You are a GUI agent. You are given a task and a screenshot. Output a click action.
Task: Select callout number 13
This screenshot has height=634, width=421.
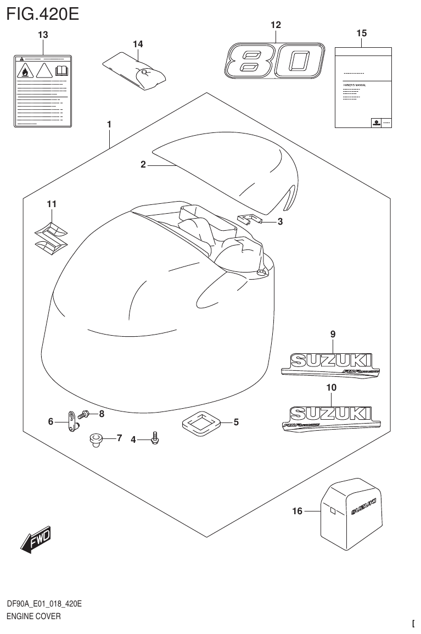click(x=43, y=35)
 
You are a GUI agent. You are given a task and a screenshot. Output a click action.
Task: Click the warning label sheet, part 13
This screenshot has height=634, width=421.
click(x=43, y=91)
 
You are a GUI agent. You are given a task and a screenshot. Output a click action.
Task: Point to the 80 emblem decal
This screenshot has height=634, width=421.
click(x=272, y=61)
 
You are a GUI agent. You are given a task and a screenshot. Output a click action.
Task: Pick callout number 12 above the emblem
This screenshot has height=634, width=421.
click(x=276, y=25)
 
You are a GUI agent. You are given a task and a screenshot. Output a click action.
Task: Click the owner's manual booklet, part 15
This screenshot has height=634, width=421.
click(x=363, y=87)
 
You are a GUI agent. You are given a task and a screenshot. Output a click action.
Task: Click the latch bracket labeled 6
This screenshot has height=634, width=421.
click(x=72, y=422)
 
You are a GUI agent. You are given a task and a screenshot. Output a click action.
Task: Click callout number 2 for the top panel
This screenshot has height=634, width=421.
click(x=143, y=164)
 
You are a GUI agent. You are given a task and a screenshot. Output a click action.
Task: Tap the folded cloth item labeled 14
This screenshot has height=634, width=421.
click(x=134, y=70)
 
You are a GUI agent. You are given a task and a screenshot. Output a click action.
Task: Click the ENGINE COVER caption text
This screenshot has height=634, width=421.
click(x=33, y=616)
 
